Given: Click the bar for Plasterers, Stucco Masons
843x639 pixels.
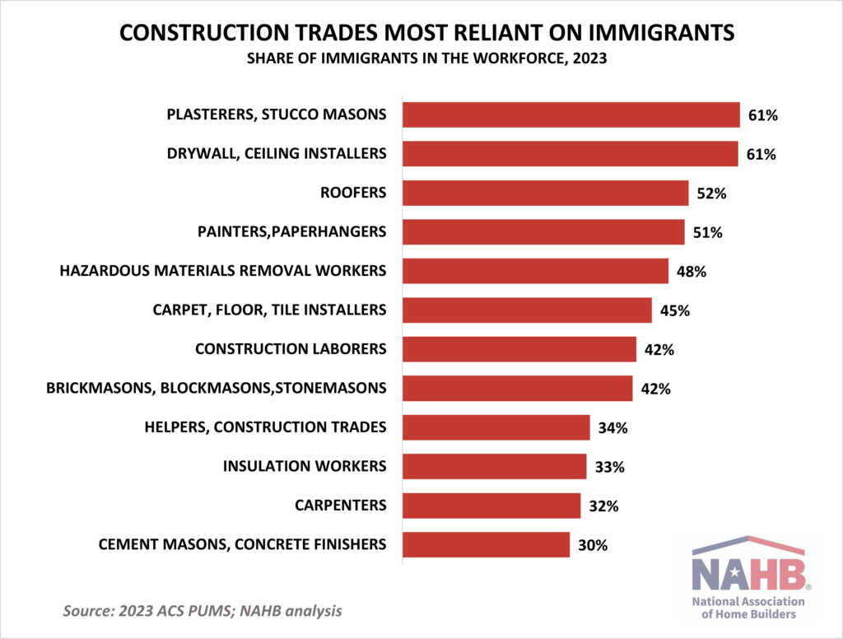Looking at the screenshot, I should click(x=571, y=115).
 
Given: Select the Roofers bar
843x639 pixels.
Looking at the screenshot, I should click(x=545, y=194).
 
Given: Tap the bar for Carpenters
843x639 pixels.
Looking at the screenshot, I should click(x=491, y=505).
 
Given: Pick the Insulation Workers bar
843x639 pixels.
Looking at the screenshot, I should click(x=494, y=466).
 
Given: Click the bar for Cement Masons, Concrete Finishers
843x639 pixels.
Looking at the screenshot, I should click(x=486, y=544).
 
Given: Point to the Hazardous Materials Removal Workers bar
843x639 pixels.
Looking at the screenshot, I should click(x=535, y=271).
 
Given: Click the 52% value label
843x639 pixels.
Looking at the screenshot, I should click(x=712, y=194).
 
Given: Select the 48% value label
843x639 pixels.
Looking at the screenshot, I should click(x=692, y=271).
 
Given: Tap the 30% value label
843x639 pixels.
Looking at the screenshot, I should click(x=593, y=544).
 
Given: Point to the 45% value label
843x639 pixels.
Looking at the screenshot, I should click(x=675, y=310).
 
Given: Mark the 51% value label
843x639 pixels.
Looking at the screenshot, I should click(x=708, y=232).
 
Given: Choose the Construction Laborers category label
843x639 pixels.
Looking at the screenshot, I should click(x=291, y=349).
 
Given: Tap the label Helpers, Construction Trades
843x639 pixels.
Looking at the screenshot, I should click(x=265, y=427).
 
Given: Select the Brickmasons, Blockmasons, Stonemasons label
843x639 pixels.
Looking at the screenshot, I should click(x=217, y=388).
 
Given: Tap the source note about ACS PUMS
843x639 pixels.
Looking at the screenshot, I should click(x=203, y=612).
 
